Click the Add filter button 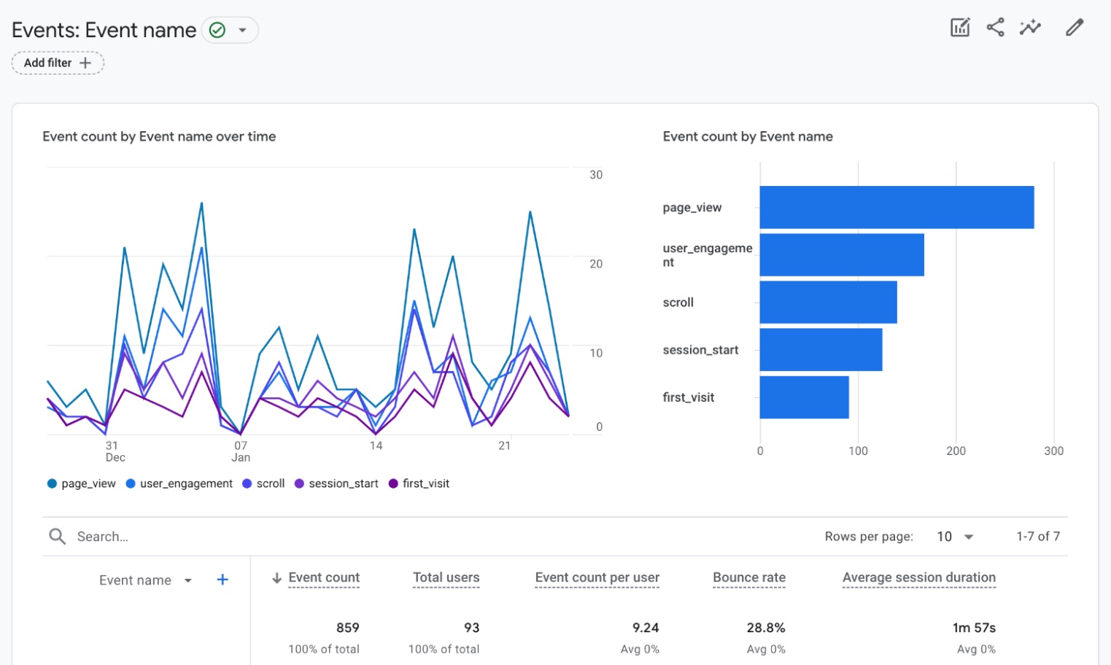tap(58, 63)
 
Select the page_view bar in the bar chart tap(897, 207)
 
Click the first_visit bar tap(804, 397)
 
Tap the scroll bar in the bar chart tap(828, 302)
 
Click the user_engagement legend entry tap(179, 483)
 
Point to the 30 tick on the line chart tap(596, 175)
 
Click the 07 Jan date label tap(241, 451)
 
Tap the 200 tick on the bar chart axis tap(956, 451)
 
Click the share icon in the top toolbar tap(995, 28)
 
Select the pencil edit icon tap(1074, 28)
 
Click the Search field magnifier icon tap(57, 537)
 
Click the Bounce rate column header tap(749, 577)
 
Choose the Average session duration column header tap(918, 577)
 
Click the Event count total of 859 tap(347, 628)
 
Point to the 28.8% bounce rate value tap(766, 628)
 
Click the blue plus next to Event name tap(222, 580)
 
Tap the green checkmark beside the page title tap(217, 30)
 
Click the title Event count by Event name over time tap(159, 136)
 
